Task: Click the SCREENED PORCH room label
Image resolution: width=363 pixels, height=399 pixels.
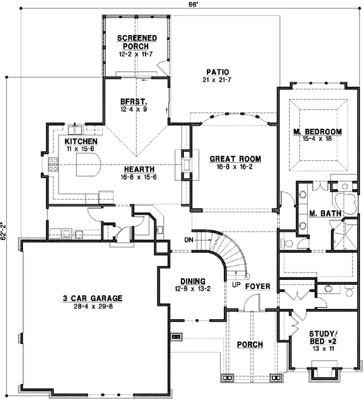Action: [137, 42]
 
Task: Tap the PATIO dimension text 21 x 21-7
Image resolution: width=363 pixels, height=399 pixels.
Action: [217, 80]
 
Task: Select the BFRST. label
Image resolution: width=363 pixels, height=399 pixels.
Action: [134, 102]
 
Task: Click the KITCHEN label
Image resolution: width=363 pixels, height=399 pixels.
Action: [81, 141]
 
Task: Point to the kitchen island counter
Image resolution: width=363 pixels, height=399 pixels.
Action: [88, 164]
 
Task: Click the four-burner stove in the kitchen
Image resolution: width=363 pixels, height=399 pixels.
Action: [53, 164]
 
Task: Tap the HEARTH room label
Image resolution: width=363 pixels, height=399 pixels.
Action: [139, 169]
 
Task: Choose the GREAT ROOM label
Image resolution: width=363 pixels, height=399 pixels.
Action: [235, 159]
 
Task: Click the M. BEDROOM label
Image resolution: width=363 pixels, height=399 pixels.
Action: [318, 132]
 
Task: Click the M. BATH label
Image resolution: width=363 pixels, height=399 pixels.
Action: [325, 213]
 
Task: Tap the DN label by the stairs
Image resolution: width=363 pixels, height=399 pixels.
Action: [189, 240]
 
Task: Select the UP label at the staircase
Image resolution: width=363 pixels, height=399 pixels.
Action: [236, 285]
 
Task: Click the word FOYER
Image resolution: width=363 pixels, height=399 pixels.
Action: [258, 287]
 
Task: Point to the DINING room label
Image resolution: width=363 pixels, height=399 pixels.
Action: [193, 281]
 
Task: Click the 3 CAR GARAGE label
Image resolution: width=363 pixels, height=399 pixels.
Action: [93, 298]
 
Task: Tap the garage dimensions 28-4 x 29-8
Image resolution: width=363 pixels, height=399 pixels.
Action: [93, 306]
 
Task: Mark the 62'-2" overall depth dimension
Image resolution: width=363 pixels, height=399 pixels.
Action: [3, 231]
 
